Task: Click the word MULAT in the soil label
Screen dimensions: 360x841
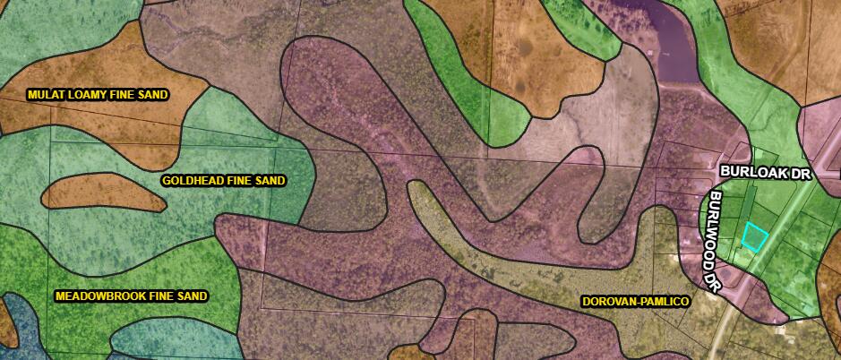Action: point(46,94)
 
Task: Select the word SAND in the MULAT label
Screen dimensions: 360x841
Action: point(154,94)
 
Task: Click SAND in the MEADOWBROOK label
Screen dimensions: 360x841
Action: point(191,296)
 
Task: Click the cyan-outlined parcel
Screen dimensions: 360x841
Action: point(754,236)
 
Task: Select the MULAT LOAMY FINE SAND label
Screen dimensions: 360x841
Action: point(99,94)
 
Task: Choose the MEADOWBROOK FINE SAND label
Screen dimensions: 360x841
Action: point(131,296)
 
